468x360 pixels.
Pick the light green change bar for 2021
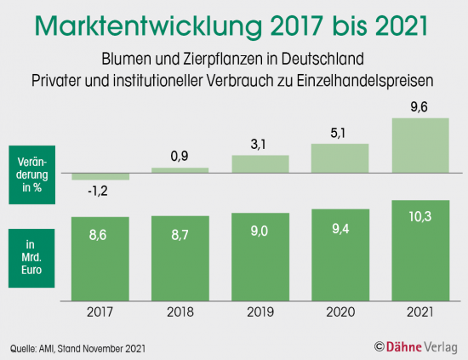point(419,146)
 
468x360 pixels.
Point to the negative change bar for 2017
point(100,176)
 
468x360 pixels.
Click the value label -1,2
point(100,191)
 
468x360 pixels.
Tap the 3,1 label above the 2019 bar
point(260,145)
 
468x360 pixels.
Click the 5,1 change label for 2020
point(340,133)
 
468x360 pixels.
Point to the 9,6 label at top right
point(419,107)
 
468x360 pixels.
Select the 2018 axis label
point(180,312)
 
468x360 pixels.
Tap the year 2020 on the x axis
point(340,312)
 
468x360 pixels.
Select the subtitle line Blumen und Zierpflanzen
point(233,61)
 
